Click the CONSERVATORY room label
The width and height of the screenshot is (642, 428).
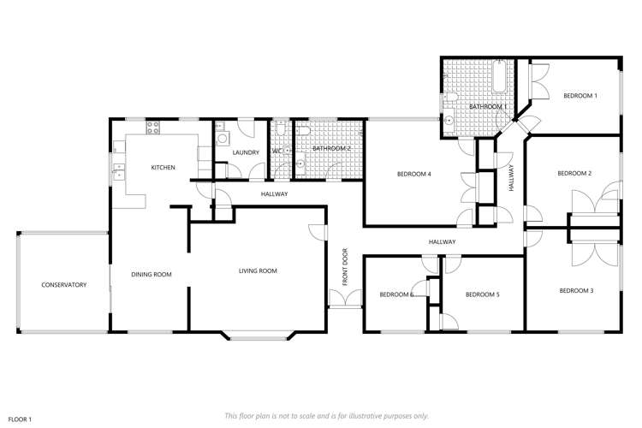click(64, 284)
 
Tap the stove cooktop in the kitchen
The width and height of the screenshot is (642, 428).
click(153, 129)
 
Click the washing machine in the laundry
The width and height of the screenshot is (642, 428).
click(222, 138)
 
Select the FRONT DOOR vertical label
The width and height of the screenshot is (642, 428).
click(345, 266)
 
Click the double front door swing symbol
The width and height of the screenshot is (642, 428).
click(345, 298)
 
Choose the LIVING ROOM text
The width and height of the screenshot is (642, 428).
click(258, 271)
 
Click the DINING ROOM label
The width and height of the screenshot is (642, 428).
click(152, 275)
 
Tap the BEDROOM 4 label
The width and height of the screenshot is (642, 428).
click(413, 175)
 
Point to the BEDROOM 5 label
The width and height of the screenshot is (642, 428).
click(482, 294)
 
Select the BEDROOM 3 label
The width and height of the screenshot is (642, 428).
click(576, 291)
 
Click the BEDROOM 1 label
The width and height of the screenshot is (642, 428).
click(580, 96)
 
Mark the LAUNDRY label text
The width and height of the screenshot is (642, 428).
click(246, 152)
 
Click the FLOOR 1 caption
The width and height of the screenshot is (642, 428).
click(19, 419)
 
